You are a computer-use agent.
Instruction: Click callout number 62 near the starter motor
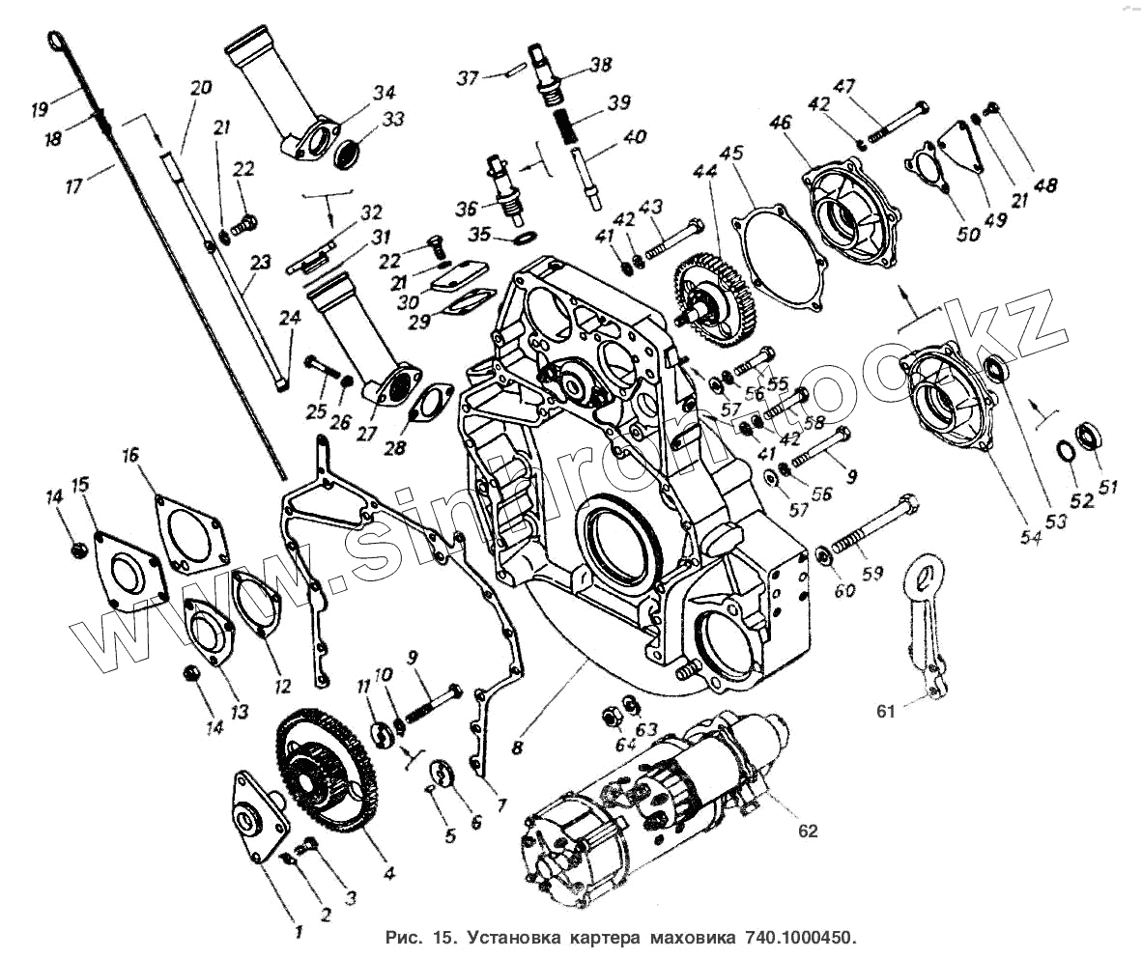coord(807,831)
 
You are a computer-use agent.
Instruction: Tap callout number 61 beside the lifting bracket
coord(886,712)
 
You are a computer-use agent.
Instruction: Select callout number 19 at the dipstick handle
coord(40,109)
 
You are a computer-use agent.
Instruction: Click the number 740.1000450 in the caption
coord(800,938)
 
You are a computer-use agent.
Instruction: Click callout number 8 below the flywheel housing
coord(519,745)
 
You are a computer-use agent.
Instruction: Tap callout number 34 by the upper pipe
coord(385,93)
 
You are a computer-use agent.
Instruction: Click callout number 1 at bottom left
coord(299,933)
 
